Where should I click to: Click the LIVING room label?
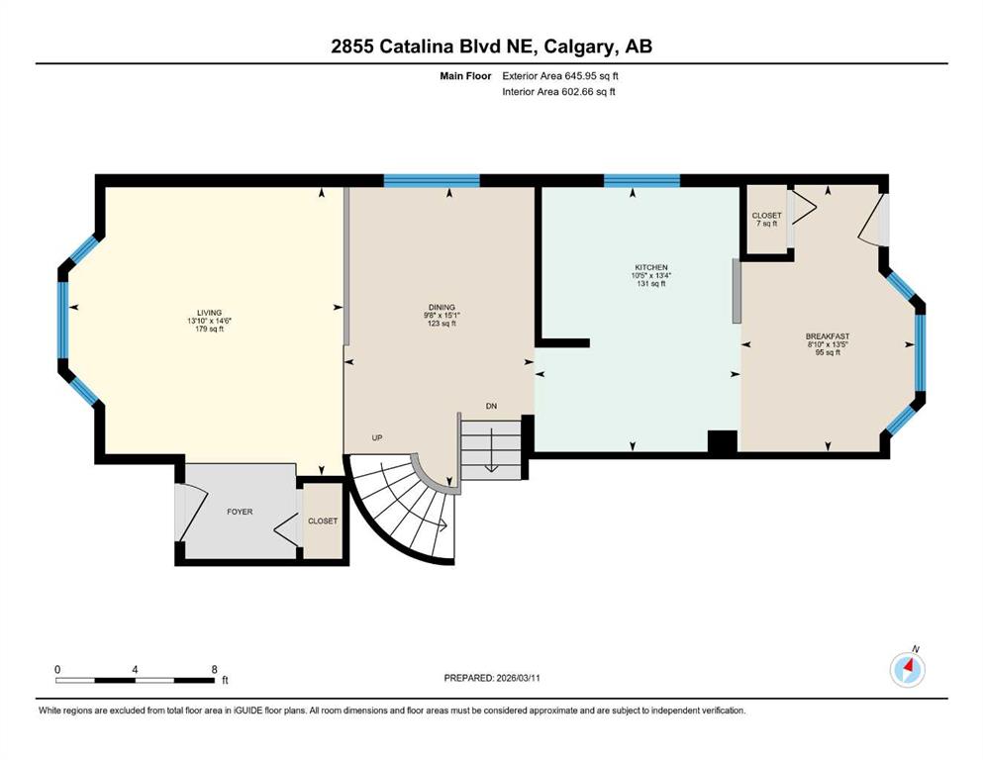click(210, 313)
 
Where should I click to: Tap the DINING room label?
click(442, 307)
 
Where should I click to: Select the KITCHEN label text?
click(650, 267)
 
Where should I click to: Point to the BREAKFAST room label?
click(828, 336)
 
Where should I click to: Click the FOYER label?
click(240, 512)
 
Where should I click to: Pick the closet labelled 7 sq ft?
click(767, 220)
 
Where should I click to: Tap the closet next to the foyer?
click(323, 521)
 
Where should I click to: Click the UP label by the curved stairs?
click(377, 438)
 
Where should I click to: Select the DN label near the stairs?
click(491, 406)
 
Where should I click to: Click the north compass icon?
click(908, 670)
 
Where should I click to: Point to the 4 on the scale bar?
click(135, 669)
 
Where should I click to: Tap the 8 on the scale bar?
click(215, 669)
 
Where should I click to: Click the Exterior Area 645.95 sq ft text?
click(560, 76)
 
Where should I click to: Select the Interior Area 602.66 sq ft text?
click(558, 91)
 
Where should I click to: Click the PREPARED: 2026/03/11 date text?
click(492, 678)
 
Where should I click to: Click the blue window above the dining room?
click(432, 180)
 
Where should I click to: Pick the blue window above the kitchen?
click(641, 180)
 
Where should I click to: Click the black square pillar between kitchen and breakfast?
click(723, 441)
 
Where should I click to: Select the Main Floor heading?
click(465, 76)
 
